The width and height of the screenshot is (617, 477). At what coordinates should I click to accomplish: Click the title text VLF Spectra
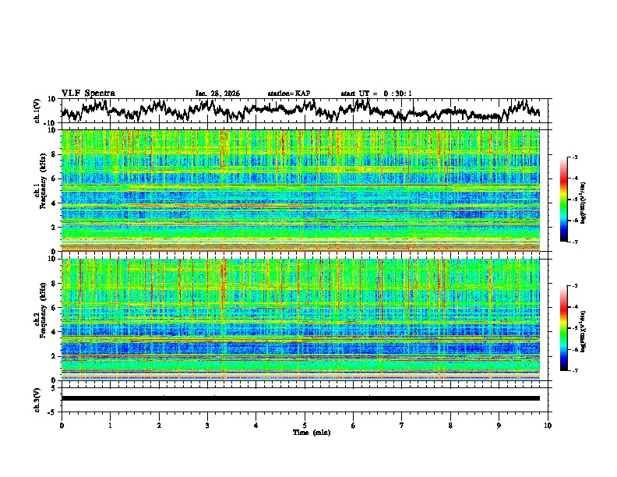pos(88,94)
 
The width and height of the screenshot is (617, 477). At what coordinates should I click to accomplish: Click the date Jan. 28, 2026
pos(217,94)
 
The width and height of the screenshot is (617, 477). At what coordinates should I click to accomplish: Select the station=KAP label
pos(288,94)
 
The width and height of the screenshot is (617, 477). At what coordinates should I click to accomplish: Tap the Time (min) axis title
pos(304,432)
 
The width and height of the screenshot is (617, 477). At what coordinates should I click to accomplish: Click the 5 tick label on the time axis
pos(305,425)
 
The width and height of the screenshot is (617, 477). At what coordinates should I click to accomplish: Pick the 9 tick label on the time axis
pos(499,425)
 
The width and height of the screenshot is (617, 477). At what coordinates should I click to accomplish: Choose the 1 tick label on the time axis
pos(110,425)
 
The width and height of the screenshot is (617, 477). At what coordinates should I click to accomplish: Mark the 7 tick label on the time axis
pos(402,425)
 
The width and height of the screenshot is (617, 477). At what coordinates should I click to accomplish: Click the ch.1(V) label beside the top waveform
pos(38,111)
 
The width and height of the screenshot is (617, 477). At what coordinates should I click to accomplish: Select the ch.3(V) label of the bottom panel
pos(38,398)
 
